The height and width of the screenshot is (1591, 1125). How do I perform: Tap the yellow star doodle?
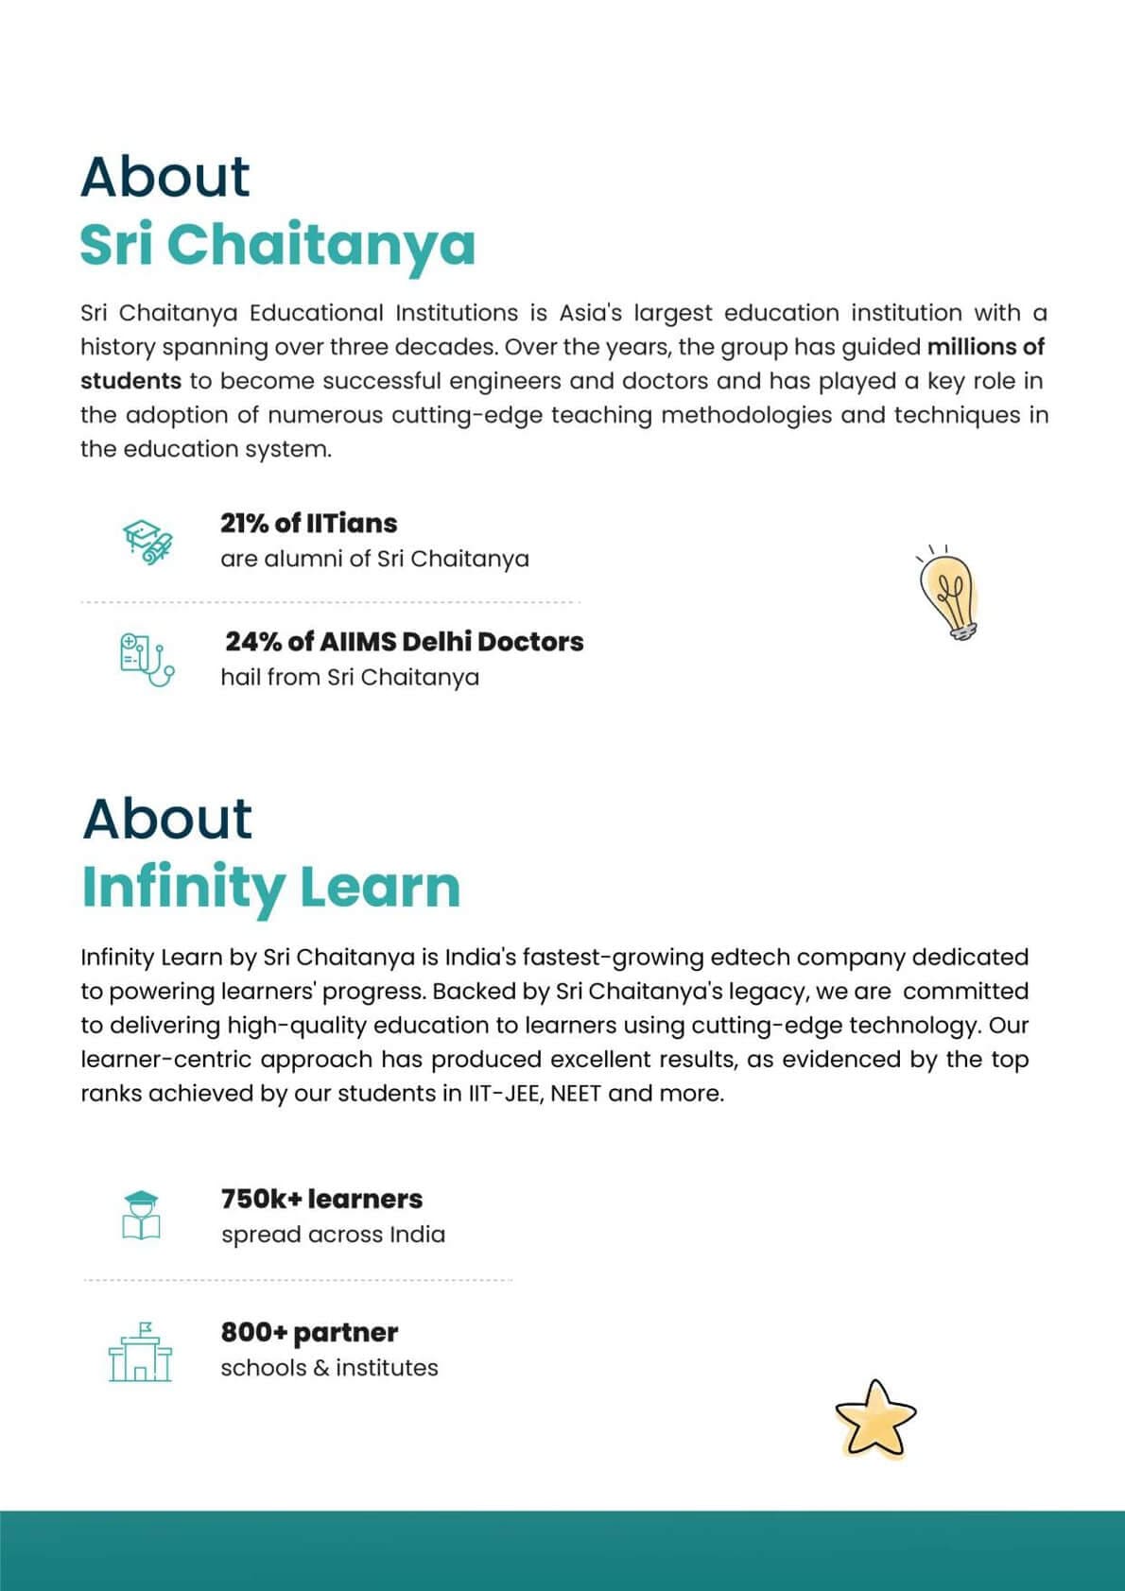click(875, 1418)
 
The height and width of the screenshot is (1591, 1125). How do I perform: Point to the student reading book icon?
click(141, 1215)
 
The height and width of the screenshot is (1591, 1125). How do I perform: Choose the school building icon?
click(141, 1352)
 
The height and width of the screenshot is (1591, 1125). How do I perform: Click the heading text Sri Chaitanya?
click(277, 244)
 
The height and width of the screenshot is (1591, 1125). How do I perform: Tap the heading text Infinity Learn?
click(270, 888)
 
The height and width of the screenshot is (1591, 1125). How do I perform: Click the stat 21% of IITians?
click(308, 523)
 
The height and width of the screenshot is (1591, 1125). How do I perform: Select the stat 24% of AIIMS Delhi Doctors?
click(404, 642)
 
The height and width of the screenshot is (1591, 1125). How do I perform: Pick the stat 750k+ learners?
click(321, 1199)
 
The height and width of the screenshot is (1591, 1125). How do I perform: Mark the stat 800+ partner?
click(309, 1332)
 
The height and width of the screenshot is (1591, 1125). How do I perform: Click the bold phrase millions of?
click(985, 347)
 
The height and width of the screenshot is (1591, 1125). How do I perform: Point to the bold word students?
click(130, 381)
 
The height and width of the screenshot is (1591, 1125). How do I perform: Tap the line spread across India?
click(333, 1235)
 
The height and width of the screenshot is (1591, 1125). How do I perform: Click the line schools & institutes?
click(329, 1368)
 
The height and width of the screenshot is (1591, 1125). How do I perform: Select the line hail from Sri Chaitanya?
click(350, 678)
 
